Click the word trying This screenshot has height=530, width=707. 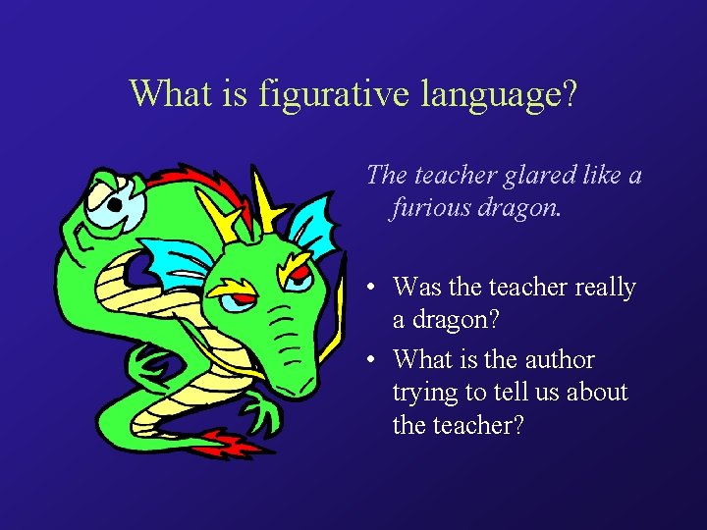(424, 393)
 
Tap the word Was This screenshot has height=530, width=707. (417, 288)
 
